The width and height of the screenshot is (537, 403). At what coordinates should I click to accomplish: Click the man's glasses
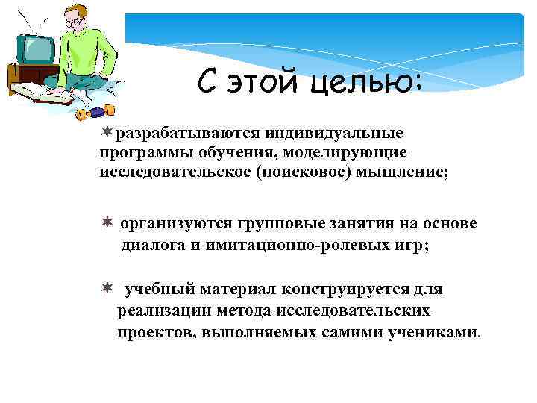[75, 21]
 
